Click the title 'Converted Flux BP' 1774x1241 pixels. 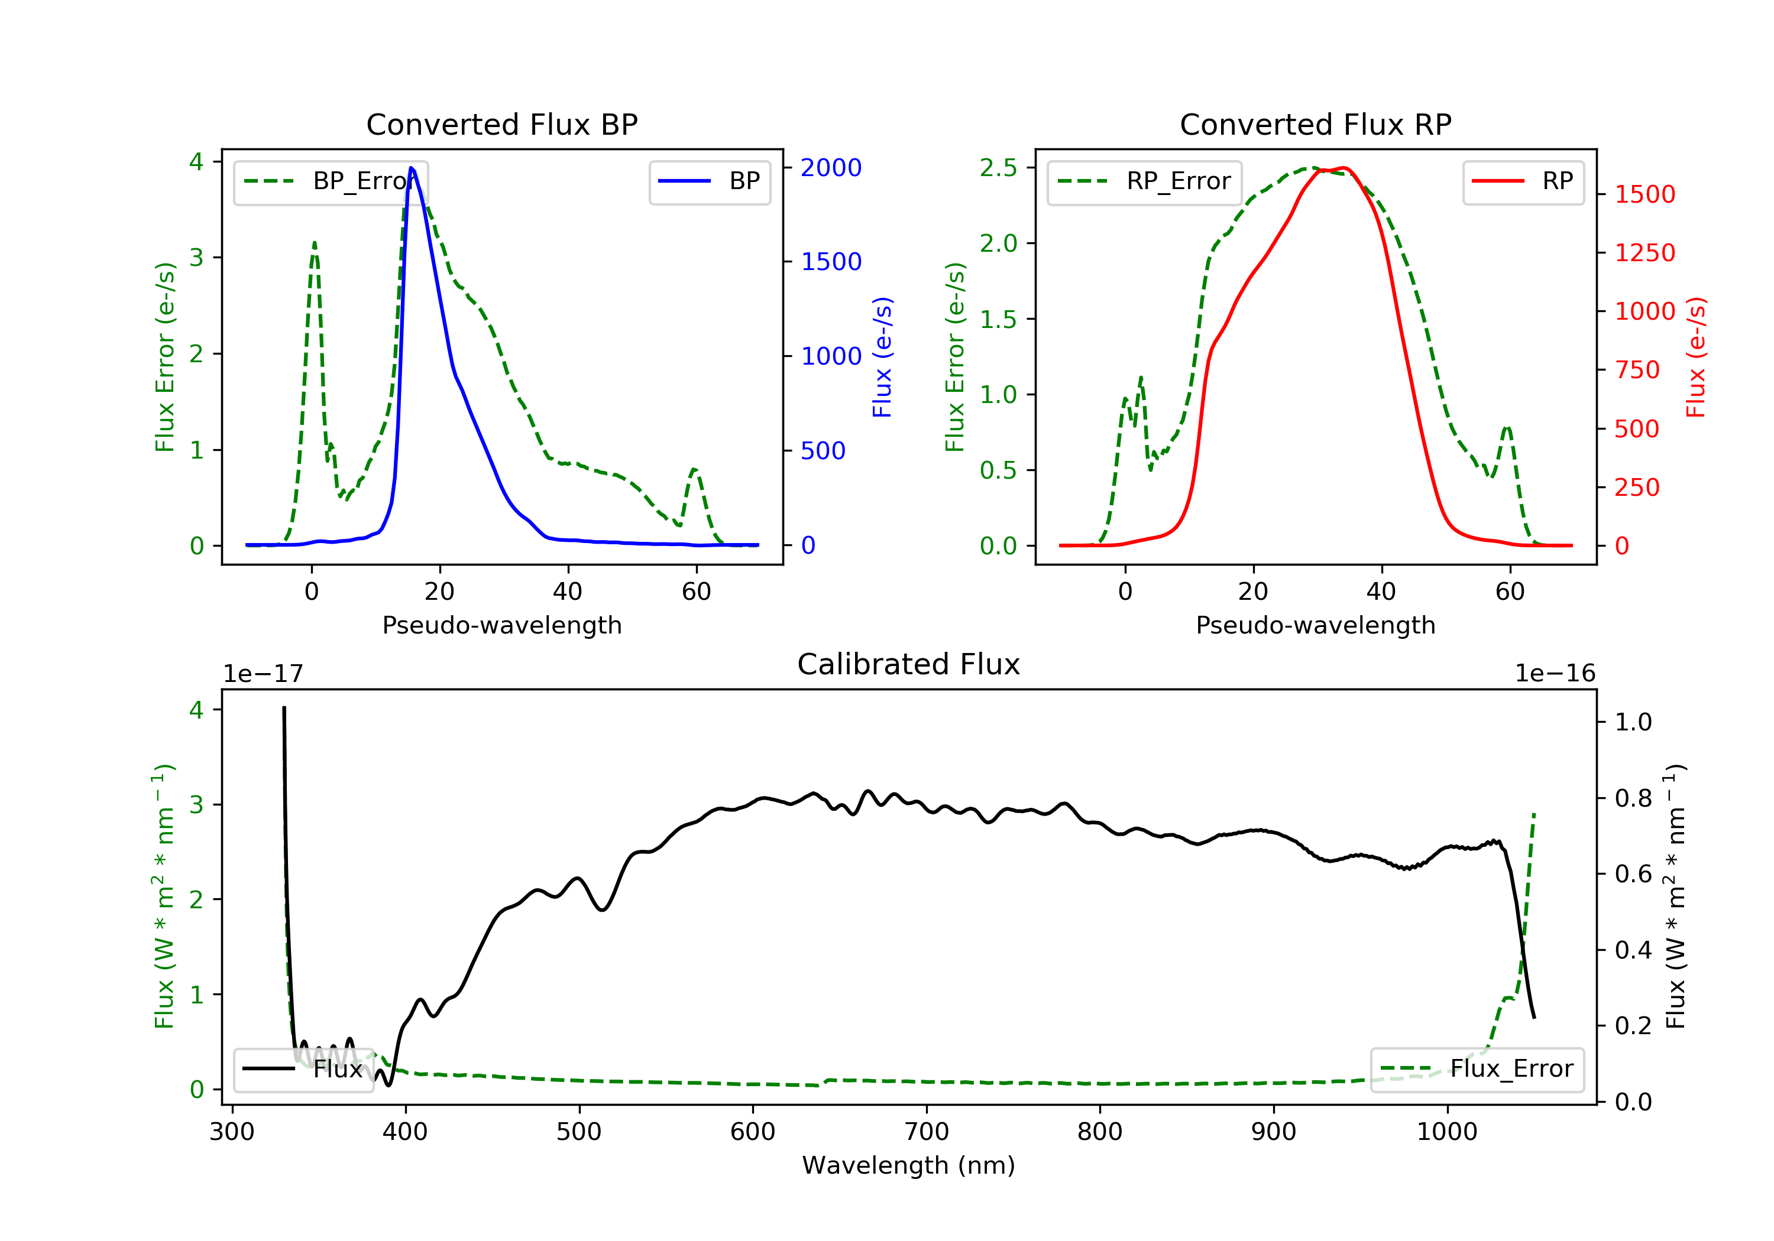click(501, 124)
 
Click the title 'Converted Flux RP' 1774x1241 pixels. click(1315, 124)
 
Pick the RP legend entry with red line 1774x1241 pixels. click(1523, 181)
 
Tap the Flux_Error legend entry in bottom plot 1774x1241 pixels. click(1477, 1069)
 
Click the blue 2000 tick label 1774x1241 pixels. click(831, 168)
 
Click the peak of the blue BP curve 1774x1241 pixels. click(411, 168)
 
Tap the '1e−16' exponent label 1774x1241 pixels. click(1555, 674)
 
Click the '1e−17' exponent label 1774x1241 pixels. click(263, 674)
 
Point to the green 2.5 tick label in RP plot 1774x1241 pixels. click(998, 168)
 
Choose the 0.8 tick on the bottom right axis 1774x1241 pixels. click(1633, 798)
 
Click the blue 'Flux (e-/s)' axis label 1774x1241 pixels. click(882, 357)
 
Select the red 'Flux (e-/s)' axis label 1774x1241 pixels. click(1695, 357)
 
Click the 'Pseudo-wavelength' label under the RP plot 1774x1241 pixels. click(1315, 625)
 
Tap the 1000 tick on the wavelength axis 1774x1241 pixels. click(1446, 1132)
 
